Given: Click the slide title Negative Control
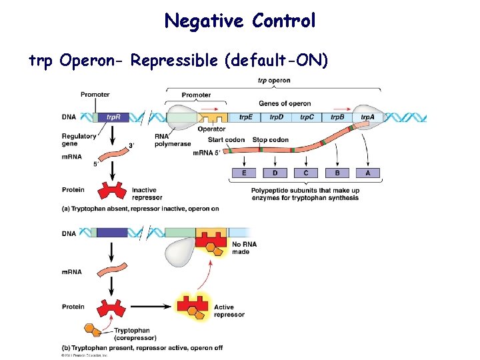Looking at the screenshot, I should (240, 21).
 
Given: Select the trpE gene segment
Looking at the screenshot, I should (246, 117).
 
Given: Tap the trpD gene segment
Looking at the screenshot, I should (277, 117).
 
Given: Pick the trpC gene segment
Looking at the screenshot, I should (307, 117).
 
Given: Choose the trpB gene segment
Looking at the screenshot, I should (338, 117).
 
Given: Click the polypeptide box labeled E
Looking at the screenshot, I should (244, 173).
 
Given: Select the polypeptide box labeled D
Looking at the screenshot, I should (275, 173).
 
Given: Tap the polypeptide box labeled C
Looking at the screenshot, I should (306, 173).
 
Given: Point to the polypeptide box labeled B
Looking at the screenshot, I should (337, 173).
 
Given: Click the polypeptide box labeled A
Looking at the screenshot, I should (368, 173).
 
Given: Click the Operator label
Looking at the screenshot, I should (211, 129).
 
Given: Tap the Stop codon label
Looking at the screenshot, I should (271, 140).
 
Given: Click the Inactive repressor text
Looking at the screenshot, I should (147, 193).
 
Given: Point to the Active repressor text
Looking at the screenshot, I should (229, 311).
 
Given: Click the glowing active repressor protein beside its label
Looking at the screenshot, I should (193, 306).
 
